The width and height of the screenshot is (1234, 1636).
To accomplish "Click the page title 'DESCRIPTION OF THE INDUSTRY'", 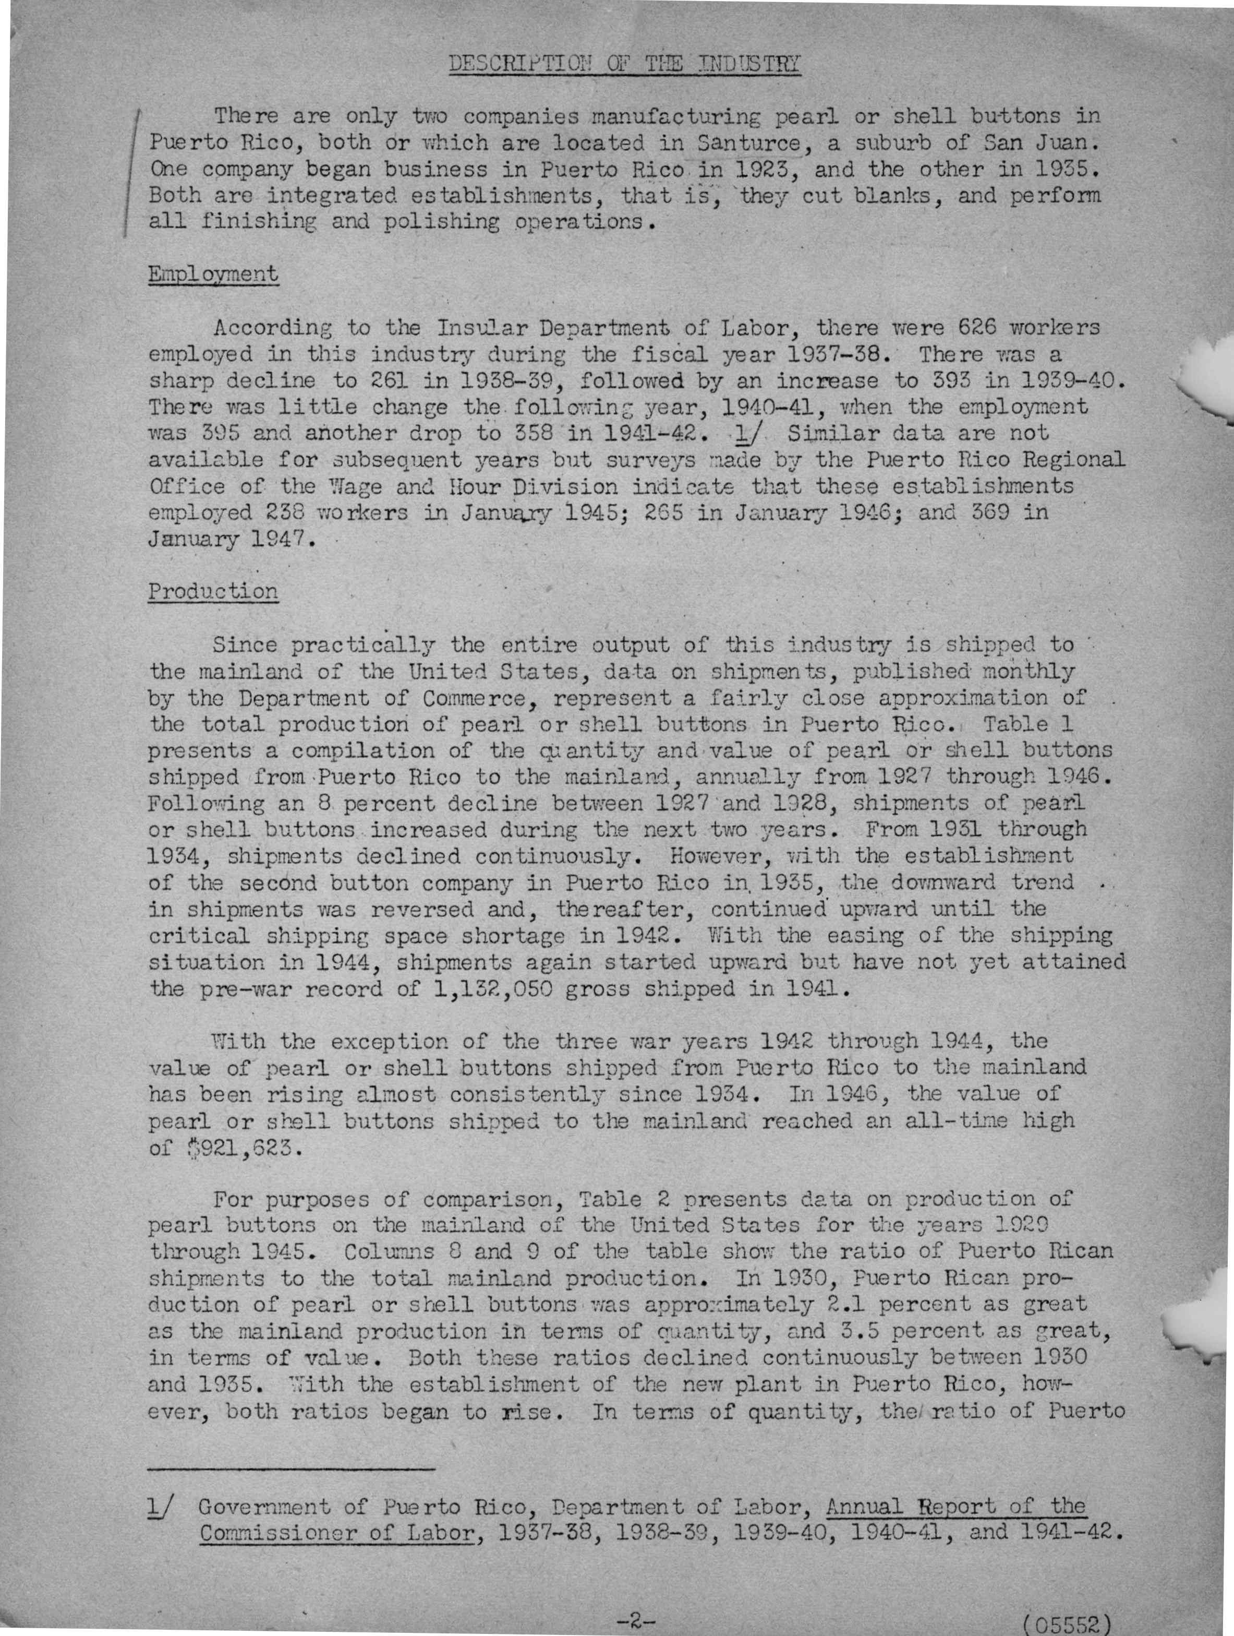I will pos(625,64).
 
